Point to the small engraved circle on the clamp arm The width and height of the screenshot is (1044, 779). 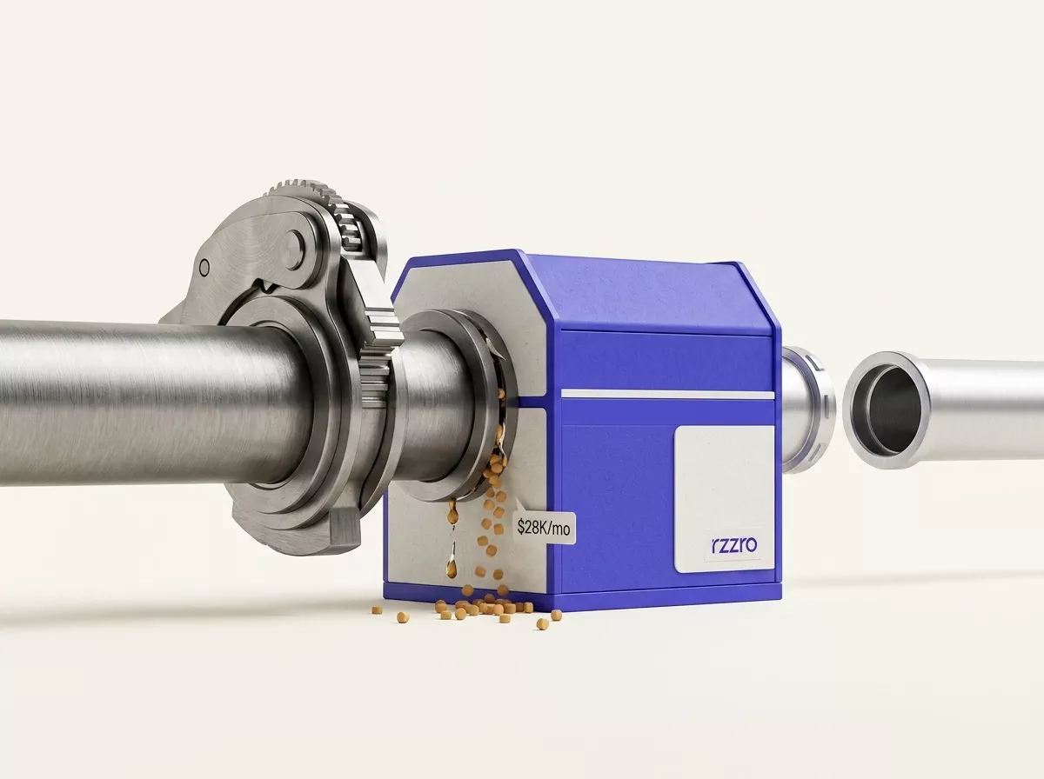(x=204, y=269)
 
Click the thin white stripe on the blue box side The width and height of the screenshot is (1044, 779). (x=667, y=395)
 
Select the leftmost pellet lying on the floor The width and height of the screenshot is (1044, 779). (x=378, y=609)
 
